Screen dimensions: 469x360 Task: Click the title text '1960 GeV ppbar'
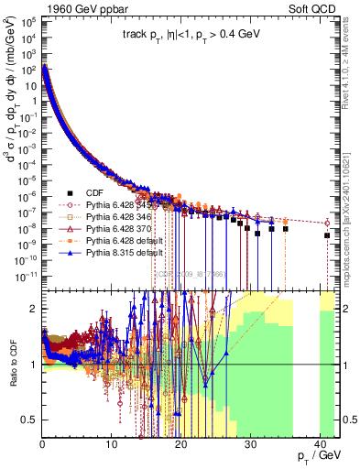point(75,7)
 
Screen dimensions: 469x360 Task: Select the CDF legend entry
point(91,193)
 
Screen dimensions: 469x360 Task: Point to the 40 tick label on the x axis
point(317,444)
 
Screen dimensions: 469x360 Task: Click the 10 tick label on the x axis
point(111,444)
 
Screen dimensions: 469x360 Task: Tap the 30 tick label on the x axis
point(248,444)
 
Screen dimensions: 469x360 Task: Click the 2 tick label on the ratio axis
point(34,309)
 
